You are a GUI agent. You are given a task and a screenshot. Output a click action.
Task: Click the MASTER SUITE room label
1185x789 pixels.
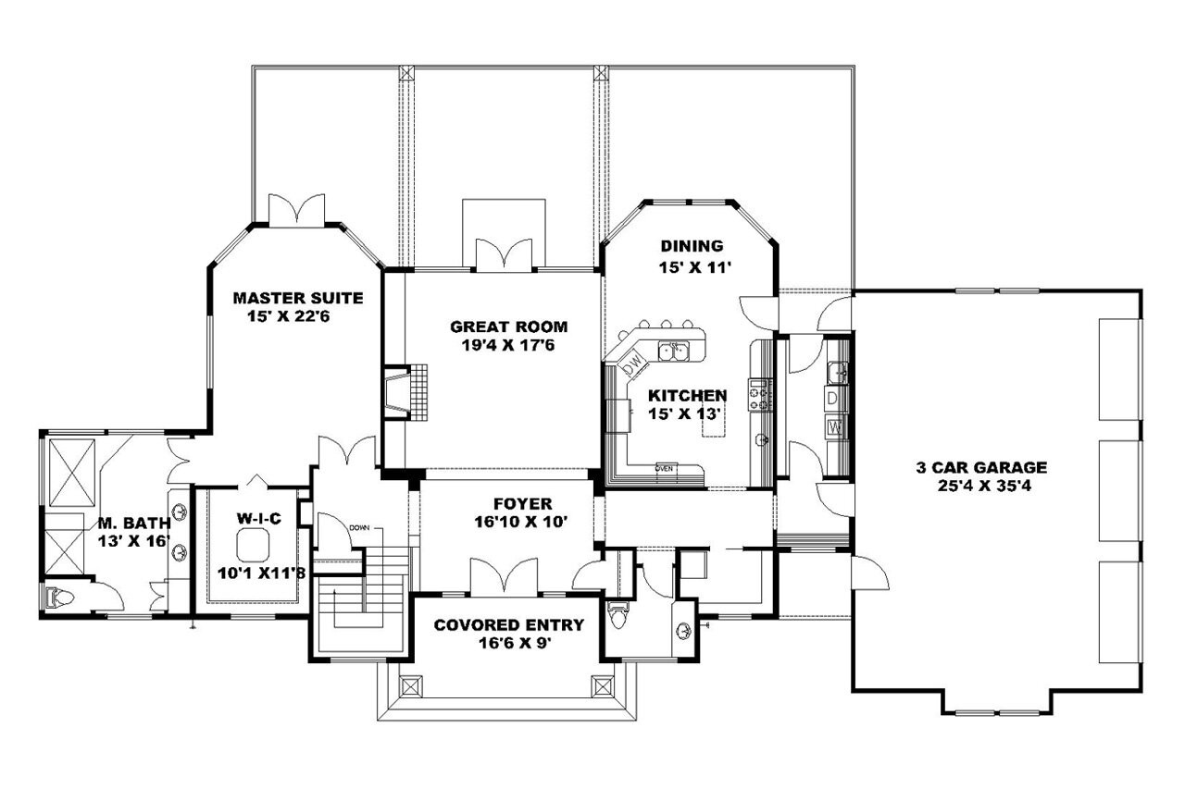click(297, 298)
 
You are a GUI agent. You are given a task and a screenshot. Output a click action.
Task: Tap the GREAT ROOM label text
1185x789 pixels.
click(508, 327)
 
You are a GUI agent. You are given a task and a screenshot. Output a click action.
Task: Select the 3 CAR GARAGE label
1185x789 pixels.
click(989, 467)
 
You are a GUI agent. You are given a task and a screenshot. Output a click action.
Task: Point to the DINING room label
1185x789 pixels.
click(692, 246)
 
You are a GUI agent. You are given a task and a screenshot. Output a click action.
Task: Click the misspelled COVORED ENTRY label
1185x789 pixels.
click(509, 625)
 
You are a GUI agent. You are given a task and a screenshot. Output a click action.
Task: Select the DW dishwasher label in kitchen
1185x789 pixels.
click(633, 367)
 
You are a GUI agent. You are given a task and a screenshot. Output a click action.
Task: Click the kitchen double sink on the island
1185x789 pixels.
click(673, 350)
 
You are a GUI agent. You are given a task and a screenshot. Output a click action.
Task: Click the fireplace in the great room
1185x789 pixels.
click(395, 392)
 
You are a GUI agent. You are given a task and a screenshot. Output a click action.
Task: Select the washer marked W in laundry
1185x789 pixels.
click(834, 427)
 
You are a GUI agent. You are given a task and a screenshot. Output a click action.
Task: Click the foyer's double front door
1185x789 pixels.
click(503, 575)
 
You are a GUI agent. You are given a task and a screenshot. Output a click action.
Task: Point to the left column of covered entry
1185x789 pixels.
click(410, 687)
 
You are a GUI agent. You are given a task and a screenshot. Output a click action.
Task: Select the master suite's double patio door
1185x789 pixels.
click(295, 210)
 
